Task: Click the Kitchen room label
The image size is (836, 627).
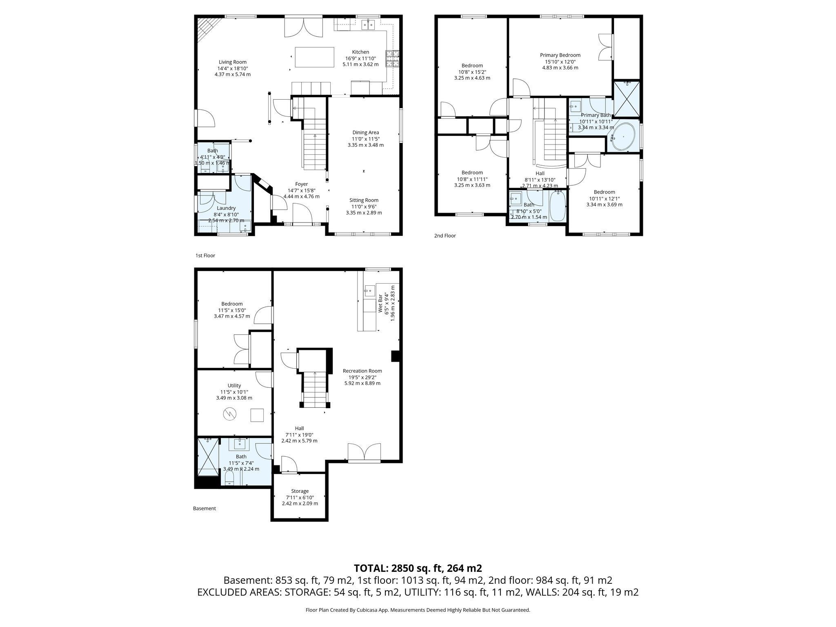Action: pyautogui.click(x=360, y=52)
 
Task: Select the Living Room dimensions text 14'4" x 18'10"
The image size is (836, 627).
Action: pyautogui.click(x=232, y=69)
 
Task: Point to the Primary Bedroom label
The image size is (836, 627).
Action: pyautogui.click(x=560, y=55)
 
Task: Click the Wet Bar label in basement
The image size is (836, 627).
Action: pyautogui.click(x=380, y=303)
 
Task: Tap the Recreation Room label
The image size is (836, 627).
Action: pyautogui.click(x=362, y=371)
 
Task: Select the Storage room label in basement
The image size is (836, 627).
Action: pyautogui.click(x=300, y=491)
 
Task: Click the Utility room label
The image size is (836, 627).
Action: pyautogui.click(x=234, y=385)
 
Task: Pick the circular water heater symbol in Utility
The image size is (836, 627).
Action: pyautogui.click(x=229, y=415)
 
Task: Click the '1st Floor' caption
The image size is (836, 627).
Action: pyautogui.click(x=205, y=256)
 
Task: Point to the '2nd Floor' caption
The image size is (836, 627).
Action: pyautogui.click(x=445, y=236)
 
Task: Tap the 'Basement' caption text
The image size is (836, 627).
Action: pyautogui.click(x=204, y=509)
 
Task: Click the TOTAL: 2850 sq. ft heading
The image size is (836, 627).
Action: pyautogui.click(x=418, y=568)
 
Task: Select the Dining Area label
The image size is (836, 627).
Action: pyautogui.click(x=365, y=132)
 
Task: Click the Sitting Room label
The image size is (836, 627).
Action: pyautogui.click(x=364, y=200)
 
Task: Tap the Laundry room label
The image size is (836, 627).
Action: pyautogui.click(x=226, y=208)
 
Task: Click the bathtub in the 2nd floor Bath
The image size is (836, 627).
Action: pyautogui.click(x=557, y=207)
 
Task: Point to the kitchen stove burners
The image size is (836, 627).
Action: pyautogui.click(x=392, y=58)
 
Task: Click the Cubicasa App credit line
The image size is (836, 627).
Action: pyautogui.click(x=418, y=610)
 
